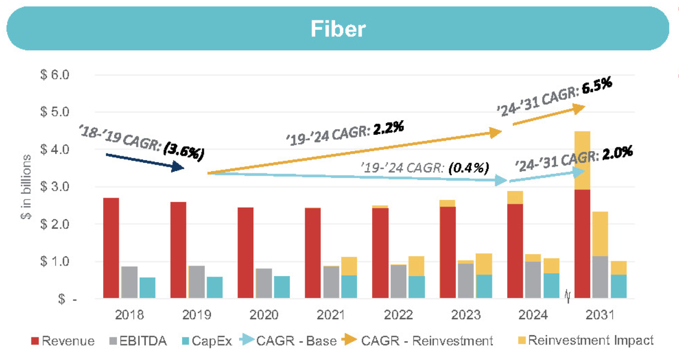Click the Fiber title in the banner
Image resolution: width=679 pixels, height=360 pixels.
tap(338, 28)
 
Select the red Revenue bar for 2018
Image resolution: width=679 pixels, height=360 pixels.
tap(111, 248)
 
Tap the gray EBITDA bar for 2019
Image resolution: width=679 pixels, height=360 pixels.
tap(196, 282)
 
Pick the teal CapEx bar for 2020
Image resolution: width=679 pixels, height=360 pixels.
tap(282, 287)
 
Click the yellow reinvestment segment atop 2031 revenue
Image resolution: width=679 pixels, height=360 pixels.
tap(582, 160)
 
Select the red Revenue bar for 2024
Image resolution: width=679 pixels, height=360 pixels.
tap(515, 251)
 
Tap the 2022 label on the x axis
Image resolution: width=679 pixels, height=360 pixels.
tap(399, 315)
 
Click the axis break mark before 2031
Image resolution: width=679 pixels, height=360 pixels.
tap(567, 298)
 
